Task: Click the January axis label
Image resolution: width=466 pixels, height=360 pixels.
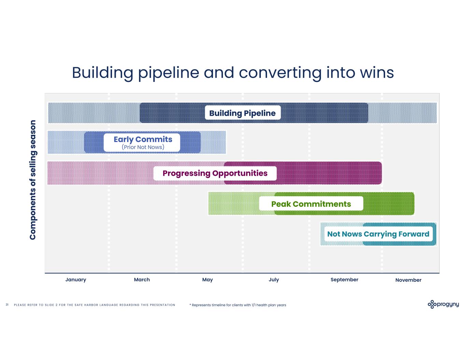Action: click(76, 279)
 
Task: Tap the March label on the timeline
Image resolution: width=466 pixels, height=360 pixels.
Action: click(142, 279)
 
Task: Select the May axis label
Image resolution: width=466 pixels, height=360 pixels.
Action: click(208, 279)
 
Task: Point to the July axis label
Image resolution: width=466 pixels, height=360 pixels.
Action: click(274, 279)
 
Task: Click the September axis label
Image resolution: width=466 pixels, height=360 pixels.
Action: click(344, 279)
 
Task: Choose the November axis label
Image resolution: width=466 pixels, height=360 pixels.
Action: click(408, 280)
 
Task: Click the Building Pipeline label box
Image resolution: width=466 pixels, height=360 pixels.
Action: click(242, 113)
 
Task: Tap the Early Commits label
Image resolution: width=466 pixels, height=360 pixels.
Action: click(143, 139)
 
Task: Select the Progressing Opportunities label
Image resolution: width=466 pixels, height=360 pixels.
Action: click(215, 173)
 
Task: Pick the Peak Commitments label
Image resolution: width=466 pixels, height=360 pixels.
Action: click(311, 204)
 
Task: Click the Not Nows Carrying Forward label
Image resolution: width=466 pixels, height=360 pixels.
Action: click(378, 234)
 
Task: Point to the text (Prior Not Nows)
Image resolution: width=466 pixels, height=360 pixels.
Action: click(143, 147)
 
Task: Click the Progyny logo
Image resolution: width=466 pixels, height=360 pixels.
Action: click(443, 304)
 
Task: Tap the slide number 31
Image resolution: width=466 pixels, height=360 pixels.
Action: click(7, 305)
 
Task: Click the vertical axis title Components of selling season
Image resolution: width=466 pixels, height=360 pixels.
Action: click(33, 179)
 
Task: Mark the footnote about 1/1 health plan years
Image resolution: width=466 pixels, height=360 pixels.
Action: click(238, 305)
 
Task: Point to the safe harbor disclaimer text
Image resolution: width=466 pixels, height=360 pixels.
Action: click(95, 305)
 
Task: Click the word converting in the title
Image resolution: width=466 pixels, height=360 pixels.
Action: click(280, 73)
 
